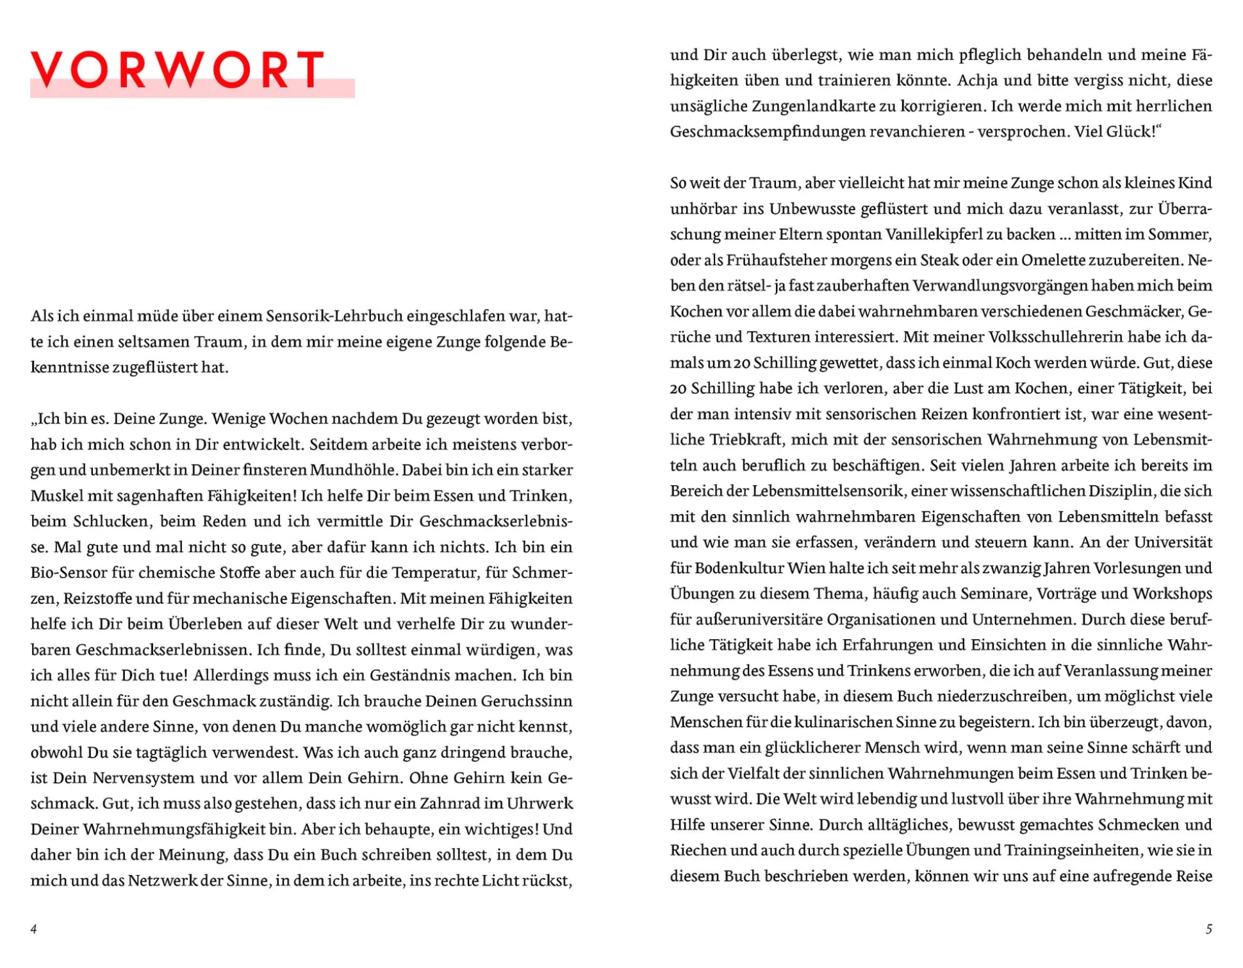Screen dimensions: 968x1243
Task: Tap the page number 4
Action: coord(34,929)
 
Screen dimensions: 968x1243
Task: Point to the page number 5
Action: coord(1208,929)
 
